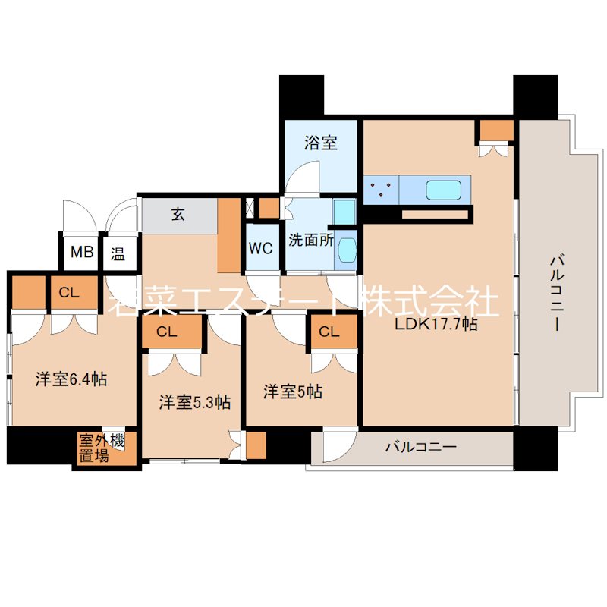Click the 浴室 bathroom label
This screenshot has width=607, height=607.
pos(320,143)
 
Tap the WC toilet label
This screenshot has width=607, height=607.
pos(260,248)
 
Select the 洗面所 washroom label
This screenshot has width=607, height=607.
pos(310,240)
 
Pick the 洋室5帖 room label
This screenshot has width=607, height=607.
pos(293,392)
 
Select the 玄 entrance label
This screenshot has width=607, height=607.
pos(177,215)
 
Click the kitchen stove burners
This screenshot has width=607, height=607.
pos(381,190)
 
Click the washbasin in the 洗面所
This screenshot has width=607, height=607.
pos(346,250)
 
